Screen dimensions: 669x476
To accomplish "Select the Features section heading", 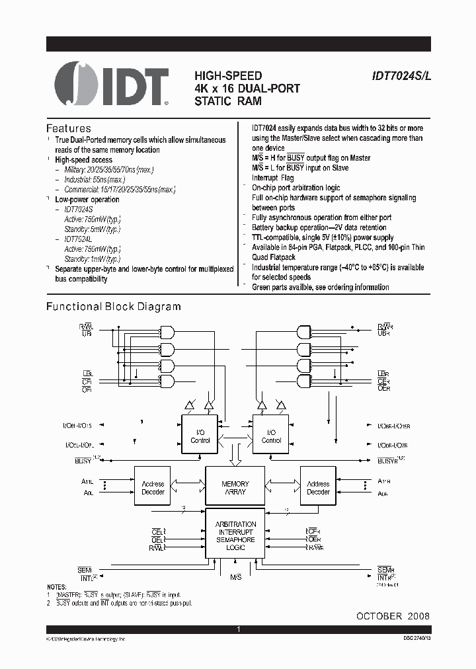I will click(x=69, y=128).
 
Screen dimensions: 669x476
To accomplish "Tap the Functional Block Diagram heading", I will click(x=113, y=307).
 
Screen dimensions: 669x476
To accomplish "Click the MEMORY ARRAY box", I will click(x=235, y=488).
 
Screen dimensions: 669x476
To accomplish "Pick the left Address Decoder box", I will click(x=153, y=488).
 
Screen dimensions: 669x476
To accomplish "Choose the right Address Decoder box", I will click(x=318, y=488).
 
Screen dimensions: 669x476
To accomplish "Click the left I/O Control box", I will click(x=200, y=436).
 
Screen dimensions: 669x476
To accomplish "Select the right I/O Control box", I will click(x=271, y=436).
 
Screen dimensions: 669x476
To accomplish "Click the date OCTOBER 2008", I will click(x=393, y=615).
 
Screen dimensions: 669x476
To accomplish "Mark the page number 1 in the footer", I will click(x=238, y=631).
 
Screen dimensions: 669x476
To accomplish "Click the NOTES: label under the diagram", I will click(x=57, y=586).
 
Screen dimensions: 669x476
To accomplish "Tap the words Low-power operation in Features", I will click(x=87, y=200).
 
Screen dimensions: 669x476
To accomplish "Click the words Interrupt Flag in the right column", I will click(x=273, y=178).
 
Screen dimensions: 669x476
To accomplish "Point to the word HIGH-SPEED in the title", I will click(x=228, y=76).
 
